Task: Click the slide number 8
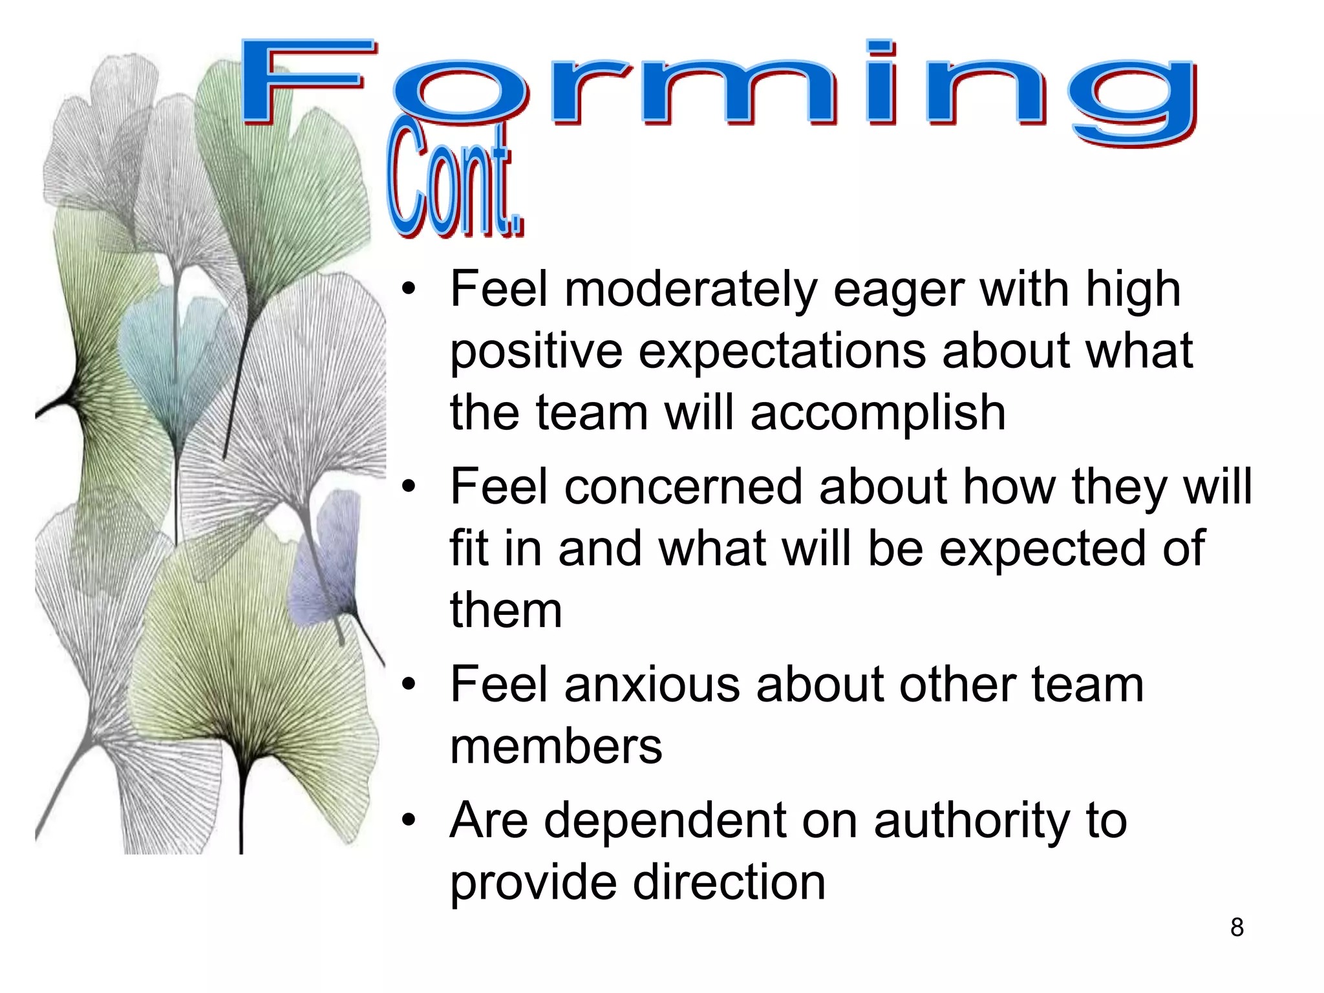click(1237, 927)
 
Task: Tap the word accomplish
click(877, 414)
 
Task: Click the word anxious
click(652, 685)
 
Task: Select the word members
click(556, 746)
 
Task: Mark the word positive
click(536, 352)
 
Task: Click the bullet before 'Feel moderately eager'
click(408, 289)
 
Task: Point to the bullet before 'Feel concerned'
click(408, 487)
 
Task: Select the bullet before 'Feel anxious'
click(408, 685)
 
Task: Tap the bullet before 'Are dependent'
click(408, 820)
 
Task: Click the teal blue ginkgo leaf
click(171, 362)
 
